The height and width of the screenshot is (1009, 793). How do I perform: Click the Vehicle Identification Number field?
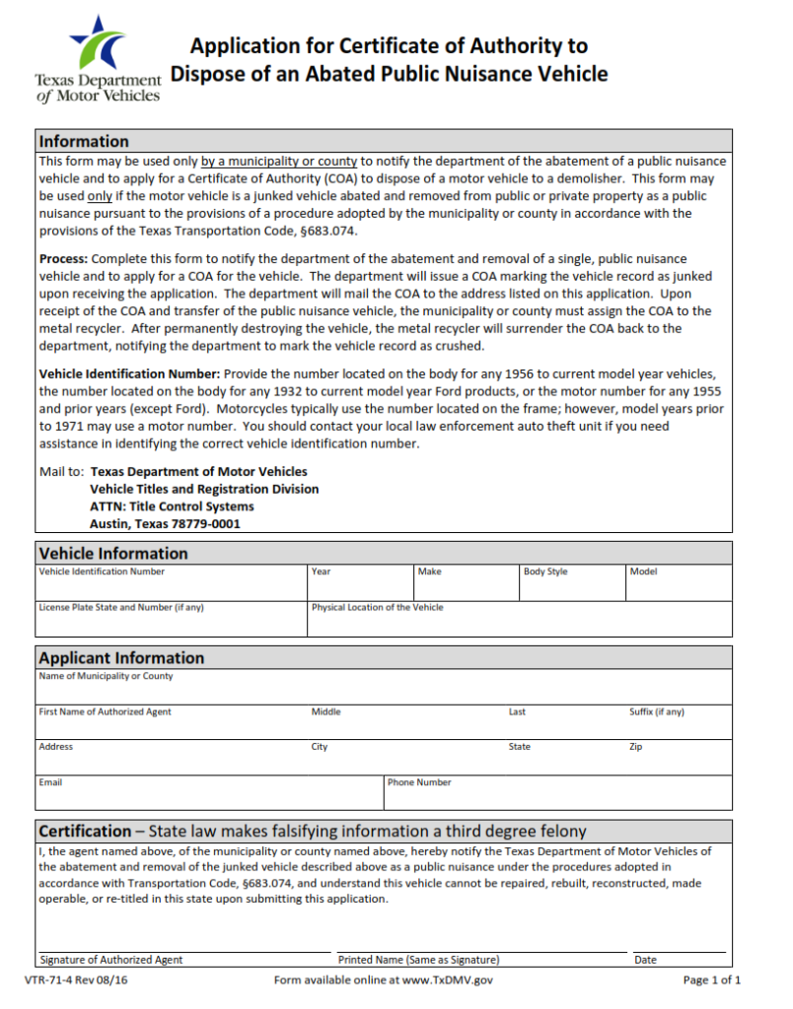(x=172, y=588)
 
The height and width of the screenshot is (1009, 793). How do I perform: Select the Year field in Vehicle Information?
(x=360, y=588)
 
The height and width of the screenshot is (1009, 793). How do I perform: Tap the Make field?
(x=467, y=588)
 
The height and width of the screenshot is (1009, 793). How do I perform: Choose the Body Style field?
(x=573, y=588)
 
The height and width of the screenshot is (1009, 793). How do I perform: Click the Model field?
(x=680, y=588)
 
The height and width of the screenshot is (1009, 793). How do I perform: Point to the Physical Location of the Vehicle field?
(x=520, y=623)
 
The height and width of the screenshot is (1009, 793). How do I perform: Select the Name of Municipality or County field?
(x=385, y=692)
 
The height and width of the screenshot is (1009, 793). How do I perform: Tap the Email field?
(x=210, y=797)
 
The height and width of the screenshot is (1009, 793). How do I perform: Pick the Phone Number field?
(x=558, y=797)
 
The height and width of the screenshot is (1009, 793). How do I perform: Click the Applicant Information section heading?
(x=121, y=657)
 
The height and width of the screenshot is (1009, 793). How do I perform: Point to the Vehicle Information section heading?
(x=113, y=553)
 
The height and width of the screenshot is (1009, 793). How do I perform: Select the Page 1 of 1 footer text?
(x=711, y=979)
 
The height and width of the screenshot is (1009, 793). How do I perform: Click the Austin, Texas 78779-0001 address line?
(x=165, y=524)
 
